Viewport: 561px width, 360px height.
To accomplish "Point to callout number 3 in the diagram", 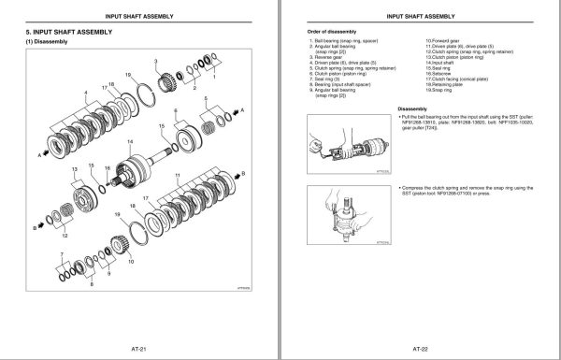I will point(155,59).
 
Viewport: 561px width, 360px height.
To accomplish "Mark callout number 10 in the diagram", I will point(130,264).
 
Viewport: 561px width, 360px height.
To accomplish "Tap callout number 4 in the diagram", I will point(62,92).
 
